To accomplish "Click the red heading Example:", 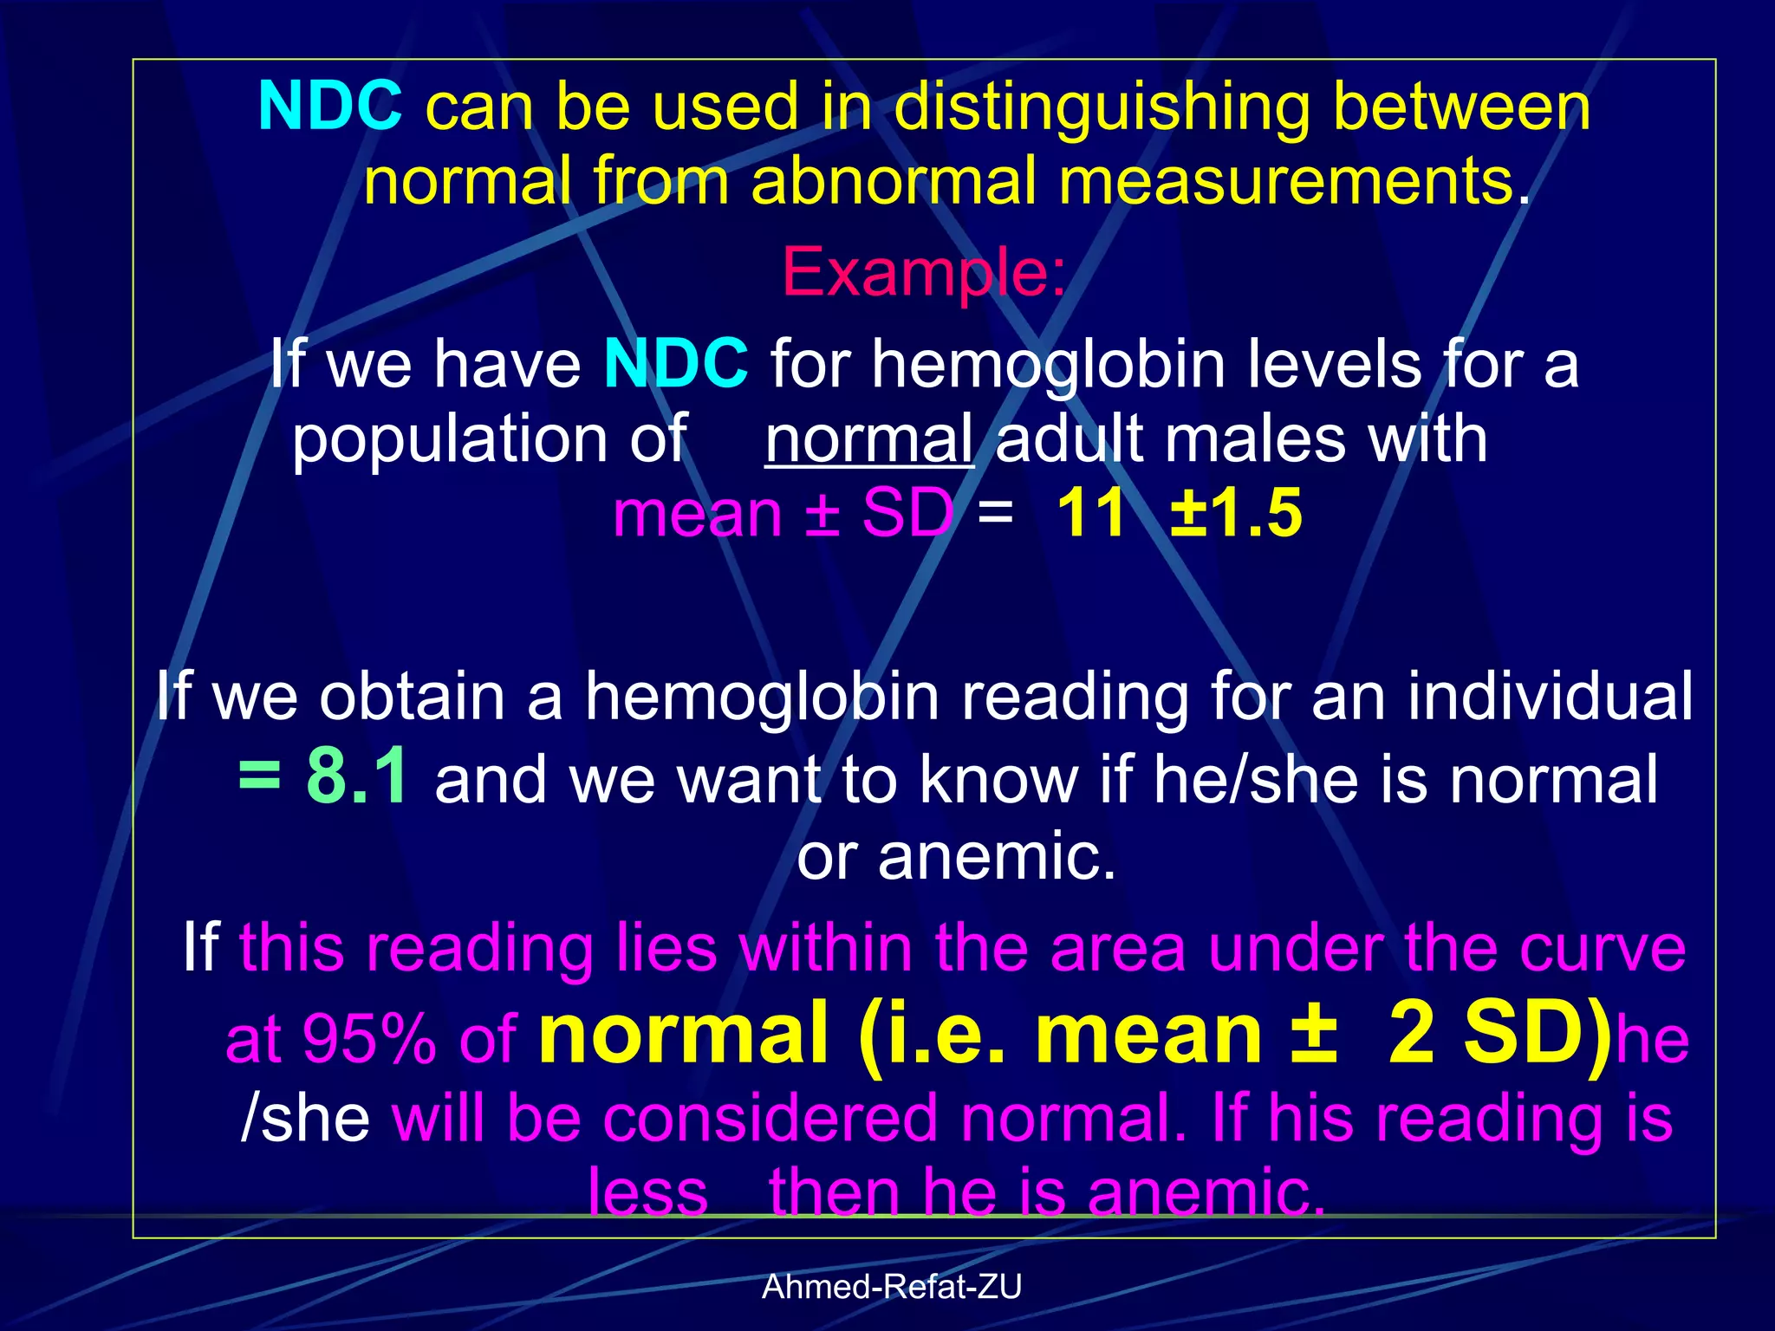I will coord(924,272).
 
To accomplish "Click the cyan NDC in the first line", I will coord(330,106).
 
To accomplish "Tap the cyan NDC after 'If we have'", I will coord(676,363).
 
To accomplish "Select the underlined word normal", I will coord(869,438).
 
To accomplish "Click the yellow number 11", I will coord(1091,513).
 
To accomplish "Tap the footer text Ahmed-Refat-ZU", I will coord(892,1287).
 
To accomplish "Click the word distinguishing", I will coord(1102,107).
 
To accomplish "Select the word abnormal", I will coord(894,181).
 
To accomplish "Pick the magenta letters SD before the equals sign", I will coord(907,513).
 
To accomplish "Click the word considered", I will coord(770,1117).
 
